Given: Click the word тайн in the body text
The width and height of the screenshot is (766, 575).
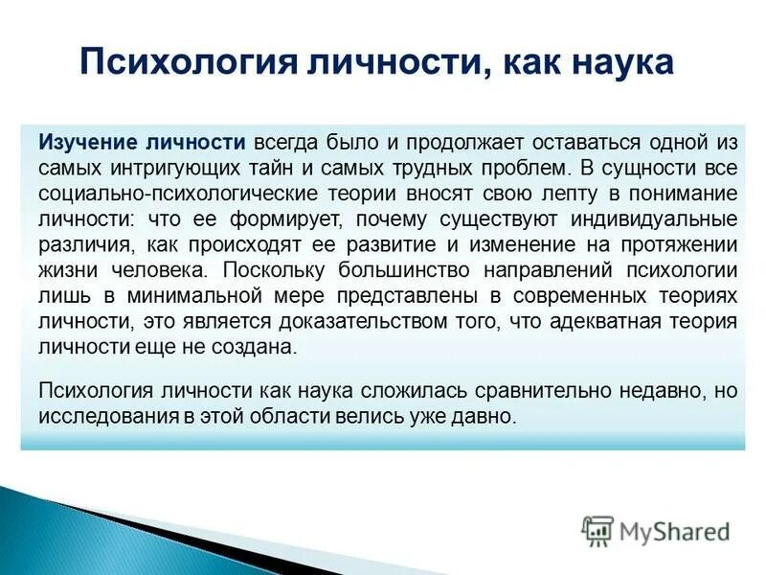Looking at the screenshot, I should pyautogui.click(x=270, y=168).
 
